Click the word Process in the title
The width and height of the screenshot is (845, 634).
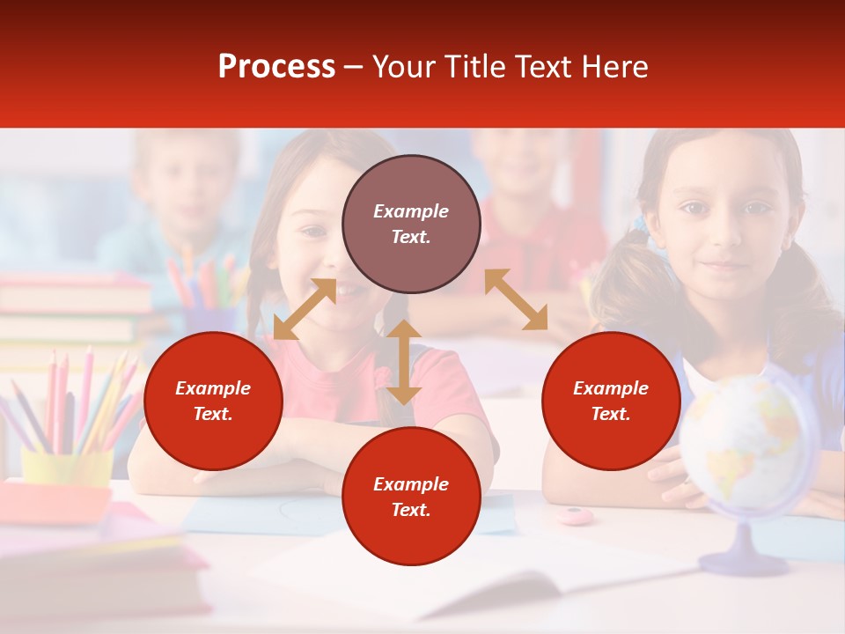tap(276, 67)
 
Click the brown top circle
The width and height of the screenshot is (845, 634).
tap(411, 224)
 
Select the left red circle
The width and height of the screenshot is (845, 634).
tap(213, 401)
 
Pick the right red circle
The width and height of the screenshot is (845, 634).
tap(611, 401)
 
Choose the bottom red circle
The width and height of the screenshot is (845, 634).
tap(411, 497)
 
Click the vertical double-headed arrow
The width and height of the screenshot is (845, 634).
tap(403, 362)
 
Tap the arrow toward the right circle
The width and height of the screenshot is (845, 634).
tap(516, 299)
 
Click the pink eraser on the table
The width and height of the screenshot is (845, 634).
tap(574, 515)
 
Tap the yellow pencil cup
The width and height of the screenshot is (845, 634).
tap(66, 466)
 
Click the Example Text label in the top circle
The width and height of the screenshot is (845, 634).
tap(411, 224)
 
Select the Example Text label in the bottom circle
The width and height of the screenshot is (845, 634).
tap(411, 497)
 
